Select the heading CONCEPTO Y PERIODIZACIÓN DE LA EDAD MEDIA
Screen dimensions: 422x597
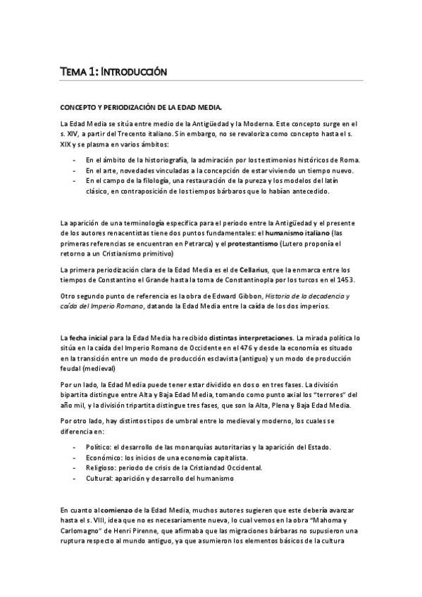[141, 107]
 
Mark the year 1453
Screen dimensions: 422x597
[343, 279]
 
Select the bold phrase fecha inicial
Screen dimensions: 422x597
[88, 339]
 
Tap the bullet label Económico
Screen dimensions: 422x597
[105, 458]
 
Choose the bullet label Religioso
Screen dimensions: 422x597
[103, 467]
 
